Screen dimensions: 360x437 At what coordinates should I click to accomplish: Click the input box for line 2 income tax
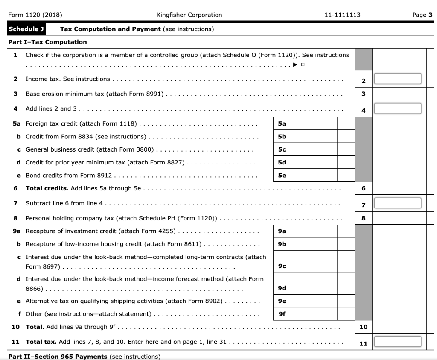pyautogui.click(x=398, y=79)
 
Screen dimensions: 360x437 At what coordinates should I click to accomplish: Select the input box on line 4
pyautogui.click(x=398, y=109)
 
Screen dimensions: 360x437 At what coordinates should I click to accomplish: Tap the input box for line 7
pyautogui.click(x=398, y=203)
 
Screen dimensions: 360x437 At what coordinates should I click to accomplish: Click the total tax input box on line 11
pyautogui.click(x=398, y=342)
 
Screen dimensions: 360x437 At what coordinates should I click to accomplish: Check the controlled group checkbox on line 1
pyautogui.click(x=303, y=65)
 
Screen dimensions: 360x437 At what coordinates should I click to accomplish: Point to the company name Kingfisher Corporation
pyautogui.click(x=189, y=15)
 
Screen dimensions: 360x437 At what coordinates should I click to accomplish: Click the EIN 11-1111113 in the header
pyautogui.click(x=342, y=15)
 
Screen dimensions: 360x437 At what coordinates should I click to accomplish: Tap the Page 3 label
pyautogui.click(x=419, y=15)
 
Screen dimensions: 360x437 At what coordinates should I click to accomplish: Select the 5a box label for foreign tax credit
pyautogui.click(x=282, y=123)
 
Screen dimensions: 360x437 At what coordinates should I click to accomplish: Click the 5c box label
pyautogui.click(x=282, y=150)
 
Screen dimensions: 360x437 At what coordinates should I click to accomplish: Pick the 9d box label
pyautogui.click(x=282, y=288)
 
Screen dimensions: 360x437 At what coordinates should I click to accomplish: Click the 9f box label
pyautogui.click(x=282, y=314)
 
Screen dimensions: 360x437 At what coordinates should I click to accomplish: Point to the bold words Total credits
pyautogui.click(x=47, y=188)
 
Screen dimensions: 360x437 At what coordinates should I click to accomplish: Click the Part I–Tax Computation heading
pyautogui.click(x=47, y=42)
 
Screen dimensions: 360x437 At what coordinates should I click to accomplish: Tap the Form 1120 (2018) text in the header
pyautogui.click(x=35, y=15)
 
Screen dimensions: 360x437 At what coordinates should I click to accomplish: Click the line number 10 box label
pyautogui.click(x=363, y=327)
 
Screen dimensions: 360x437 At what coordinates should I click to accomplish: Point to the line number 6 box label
pyautogui.click(x=363, y=188)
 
